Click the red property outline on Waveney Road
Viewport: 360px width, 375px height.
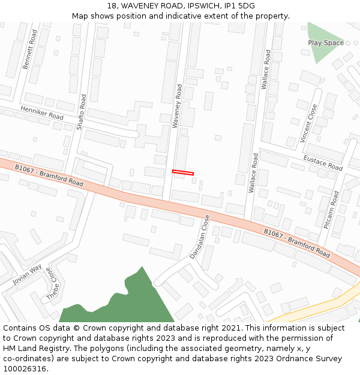[x=183, y=173]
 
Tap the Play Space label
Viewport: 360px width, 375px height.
[x=326, y=43]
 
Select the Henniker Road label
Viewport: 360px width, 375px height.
[x=41, y=112]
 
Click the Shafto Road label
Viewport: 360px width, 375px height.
[x=82, y=112]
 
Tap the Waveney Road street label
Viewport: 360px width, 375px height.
[x=177, y=106]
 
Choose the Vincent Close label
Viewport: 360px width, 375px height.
[x=309, y=124]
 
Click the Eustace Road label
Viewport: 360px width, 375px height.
[x=322, y=162]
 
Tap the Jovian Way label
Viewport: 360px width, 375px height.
[x=28, y=274]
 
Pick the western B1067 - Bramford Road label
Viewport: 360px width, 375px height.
[x=49, y=176]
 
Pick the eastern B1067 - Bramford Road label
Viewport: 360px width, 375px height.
[x=297, y=243]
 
